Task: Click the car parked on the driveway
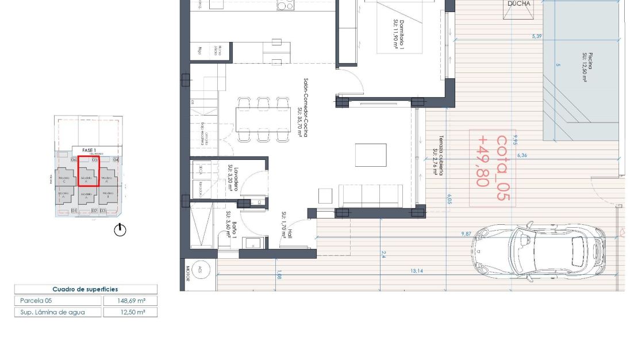coord(539,251)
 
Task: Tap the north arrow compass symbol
coord(120,230)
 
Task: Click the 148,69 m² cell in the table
coord(130,300)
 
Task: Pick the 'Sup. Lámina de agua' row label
coord(52,312)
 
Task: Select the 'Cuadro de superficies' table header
coord(85,289)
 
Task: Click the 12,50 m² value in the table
coord(130,312)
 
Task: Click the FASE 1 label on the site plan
coord(89,150)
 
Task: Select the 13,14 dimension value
coord(417,271)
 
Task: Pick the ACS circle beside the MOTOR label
coord(199,270)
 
